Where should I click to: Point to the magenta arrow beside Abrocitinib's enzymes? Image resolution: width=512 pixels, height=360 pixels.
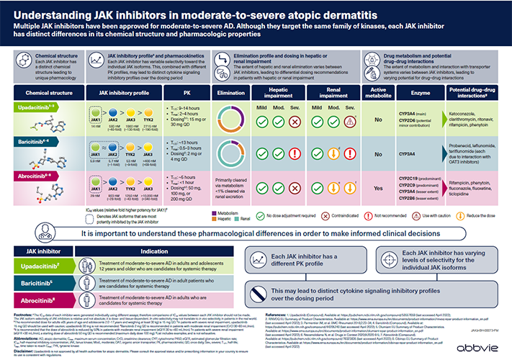[440, 185]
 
